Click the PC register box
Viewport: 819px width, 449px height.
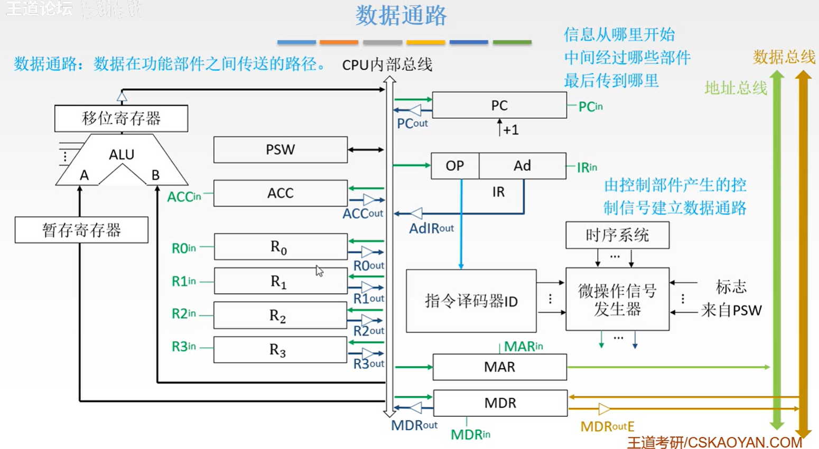coord(499,106)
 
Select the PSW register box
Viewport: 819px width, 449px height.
coord(280,150)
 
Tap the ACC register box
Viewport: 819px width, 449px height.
coord(280,193)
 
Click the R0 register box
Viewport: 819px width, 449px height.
coord(280,247)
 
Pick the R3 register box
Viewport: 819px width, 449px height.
coord(280,350)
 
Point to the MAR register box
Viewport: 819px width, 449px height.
coord(499,367)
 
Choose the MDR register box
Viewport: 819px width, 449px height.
coord(500,404)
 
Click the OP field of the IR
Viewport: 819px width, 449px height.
coord(455,166)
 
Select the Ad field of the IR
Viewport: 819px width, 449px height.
coord(522,166)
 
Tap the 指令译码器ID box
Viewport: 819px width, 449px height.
coord(471,301)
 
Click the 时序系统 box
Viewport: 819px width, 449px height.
coord(617,235)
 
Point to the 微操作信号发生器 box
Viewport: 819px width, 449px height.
coord(617,300)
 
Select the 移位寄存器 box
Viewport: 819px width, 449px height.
coord(121,118)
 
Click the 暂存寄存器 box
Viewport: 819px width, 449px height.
coord(81,230)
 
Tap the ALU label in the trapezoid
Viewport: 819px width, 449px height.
coord(122,155)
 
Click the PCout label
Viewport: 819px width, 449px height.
coord(412,124)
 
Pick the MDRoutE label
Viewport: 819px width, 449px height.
coord(607,426)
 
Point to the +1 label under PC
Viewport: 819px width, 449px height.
coord(510,130)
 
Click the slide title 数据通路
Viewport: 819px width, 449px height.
coord(401,15)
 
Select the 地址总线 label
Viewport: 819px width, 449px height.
coord(736,88)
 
